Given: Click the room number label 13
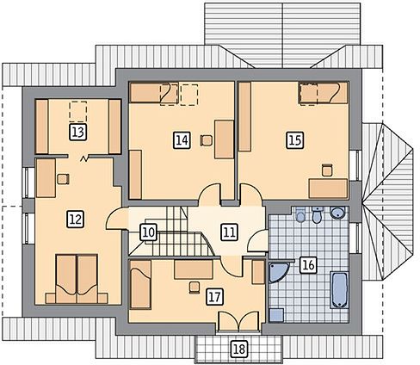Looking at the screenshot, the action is pyautogui.click(x=78, y=133).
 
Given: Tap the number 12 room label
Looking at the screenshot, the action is pyautogui.click(x=76, y=220).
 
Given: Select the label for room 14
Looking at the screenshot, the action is pyautogui.click(x=182, y=140).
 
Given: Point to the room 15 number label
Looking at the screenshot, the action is pyautogui.click(x=295, y=140).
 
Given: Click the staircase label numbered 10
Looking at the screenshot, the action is pyautogui.click(x=149, y=232).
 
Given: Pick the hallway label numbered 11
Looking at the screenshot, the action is pyautogui.click(x=230, y=232).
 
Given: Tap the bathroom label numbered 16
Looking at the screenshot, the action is pyautogui.click(x=308, y=265).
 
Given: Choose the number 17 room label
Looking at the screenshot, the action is pyautogui.click(x=214, y=297).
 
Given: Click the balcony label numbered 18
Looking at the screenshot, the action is pyautogui.click(x=239, y=350).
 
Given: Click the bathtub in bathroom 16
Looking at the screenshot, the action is pyautogui.click(x=339, y=290).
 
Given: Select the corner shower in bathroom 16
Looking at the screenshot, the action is pyautogui.click(x=278, y=272).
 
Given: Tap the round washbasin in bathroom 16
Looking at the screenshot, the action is pyautogui.click(x=338, y=213).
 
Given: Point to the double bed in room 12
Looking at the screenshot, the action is pyautogui.click(x=77, y=279).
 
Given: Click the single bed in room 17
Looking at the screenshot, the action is pyautogui.click(x=140, y=284).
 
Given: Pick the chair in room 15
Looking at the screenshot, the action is pyautogui.click(x=327, y=170).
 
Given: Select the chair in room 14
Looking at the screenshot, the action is pyautogui.click(x=207, y=140).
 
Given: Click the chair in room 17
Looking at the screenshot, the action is pyautogui.click(x=195, y=288).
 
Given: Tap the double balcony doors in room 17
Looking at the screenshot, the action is pyautogui.click(x=238, y=322).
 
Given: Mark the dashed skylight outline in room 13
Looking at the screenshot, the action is pyautogui.click(x=78, y=111).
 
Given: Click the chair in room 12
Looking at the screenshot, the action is pyautogui.click(x=63, y=179).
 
